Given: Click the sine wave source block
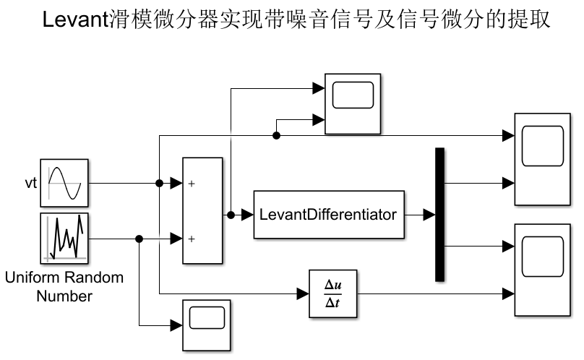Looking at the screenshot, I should coord(64,183).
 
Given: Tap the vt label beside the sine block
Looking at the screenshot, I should coord(29,183).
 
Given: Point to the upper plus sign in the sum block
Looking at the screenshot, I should coord(192,184).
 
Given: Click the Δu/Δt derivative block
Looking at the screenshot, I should coord(333,293).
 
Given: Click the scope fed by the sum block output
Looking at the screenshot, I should coord(353,103).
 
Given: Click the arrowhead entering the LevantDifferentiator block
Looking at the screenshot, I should coord(247,215).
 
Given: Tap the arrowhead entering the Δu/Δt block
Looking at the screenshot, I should coord(303,293).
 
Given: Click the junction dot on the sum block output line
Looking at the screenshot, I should coord(231,215).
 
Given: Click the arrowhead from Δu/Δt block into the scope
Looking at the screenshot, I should coord(507,293).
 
